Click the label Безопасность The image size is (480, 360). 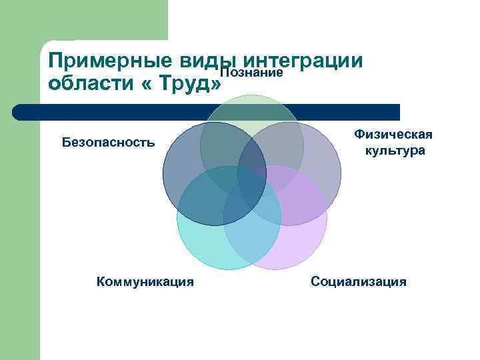click(108, 142)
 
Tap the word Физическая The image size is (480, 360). click(393, 135)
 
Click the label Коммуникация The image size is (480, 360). click(145, 282)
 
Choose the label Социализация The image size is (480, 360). click(359, 282)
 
